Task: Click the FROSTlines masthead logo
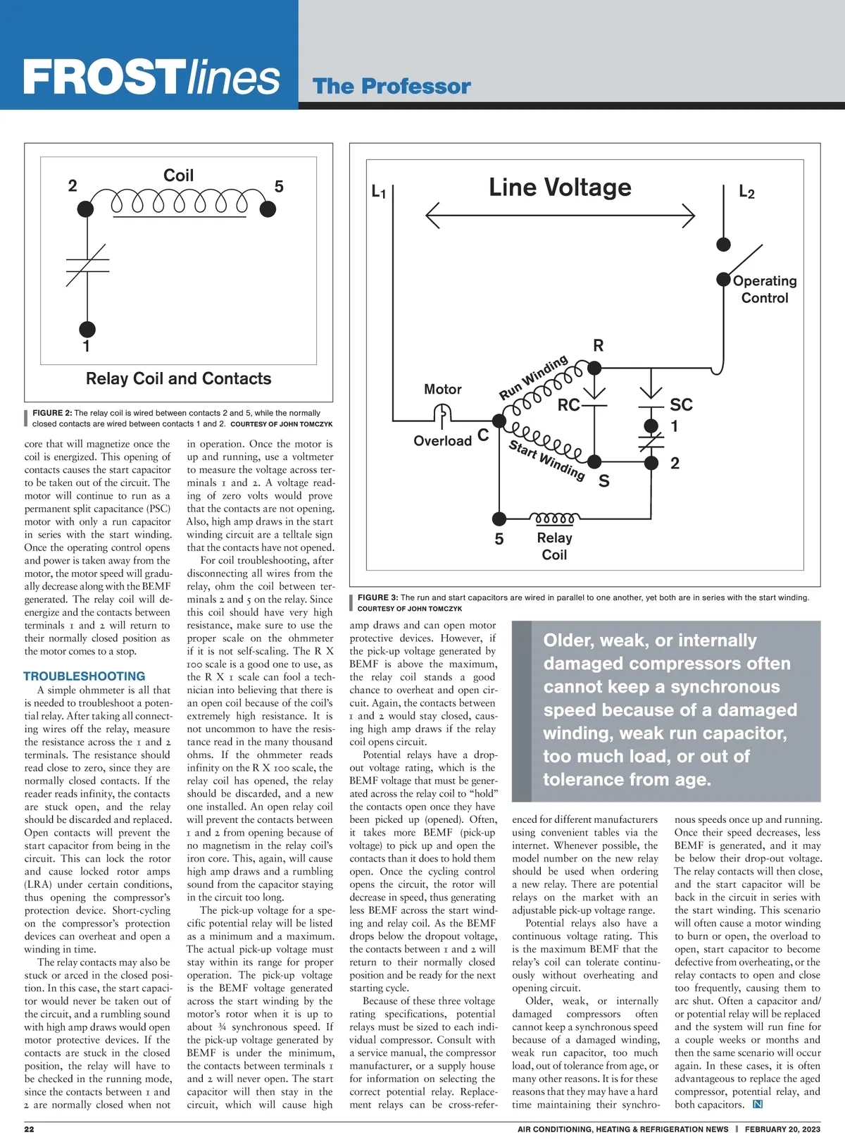[x=151, y=77]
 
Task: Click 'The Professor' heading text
[x=392, y=87]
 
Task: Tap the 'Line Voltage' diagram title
[x=560, y=187]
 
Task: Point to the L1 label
[x=378, y=192]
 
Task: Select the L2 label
[x=746, y=192]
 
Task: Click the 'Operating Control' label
[x=765, y=289]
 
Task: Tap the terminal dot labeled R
[x=594, y=367]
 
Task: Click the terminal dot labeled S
[x=594, y=461]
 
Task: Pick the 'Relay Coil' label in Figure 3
[x=554, y=546]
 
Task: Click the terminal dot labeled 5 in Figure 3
[x=499, y=519]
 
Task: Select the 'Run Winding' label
[x=533, y=378]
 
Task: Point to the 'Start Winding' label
[x=546, y=459]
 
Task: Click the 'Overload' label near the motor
[x=442, y=441]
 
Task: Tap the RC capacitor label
[x=568, y=405]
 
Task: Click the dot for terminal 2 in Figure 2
[x=85, y=209]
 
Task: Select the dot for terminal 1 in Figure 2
[x=87, y=328]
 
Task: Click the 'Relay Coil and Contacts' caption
[x=178, y=378]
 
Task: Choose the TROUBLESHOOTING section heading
[x=84, y=676]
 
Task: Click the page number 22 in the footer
[x=29, y=1129]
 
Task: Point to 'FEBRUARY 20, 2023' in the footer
[x=782, y=1129]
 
